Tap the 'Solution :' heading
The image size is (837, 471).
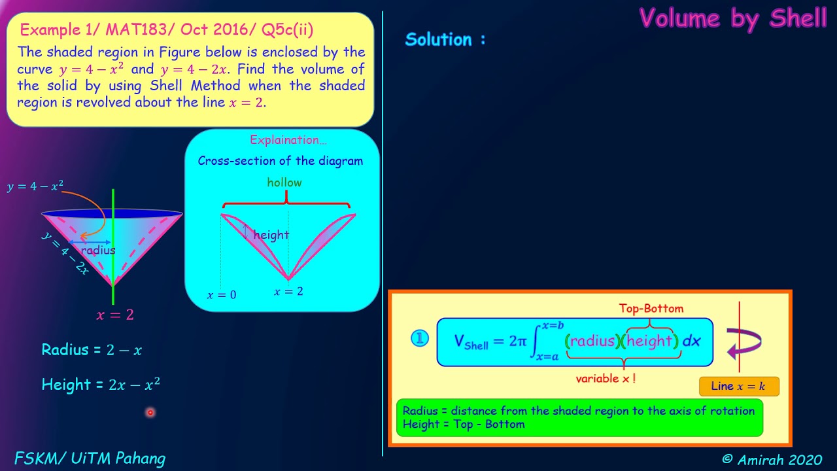[445, 39]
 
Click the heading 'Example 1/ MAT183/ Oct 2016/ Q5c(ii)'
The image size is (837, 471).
[167, 29]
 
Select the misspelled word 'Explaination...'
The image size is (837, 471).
[288, 140]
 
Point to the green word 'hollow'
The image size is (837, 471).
[284, 183]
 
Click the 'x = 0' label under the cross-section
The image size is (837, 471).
[222, 295]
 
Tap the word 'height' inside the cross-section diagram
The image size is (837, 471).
[271, 235]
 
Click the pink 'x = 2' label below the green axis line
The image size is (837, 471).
[115, 315]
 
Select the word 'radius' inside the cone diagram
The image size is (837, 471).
[98, 250]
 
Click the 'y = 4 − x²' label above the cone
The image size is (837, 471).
[35, 186]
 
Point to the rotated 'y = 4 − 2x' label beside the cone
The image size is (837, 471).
[65, 253]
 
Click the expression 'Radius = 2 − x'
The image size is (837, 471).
[92, 349]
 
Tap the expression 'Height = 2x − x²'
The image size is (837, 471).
[101, 384]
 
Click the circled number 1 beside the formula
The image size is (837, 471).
[420, 338]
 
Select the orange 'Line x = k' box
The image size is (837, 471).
[739, 386]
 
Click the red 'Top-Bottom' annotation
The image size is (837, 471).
[651, 308]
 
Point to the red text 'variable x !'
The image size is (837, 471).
[606, 379]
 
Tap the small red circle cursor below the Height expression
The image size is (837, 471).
[150, 412]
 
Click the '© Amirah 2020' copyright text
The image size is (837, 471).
[772, 459]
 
